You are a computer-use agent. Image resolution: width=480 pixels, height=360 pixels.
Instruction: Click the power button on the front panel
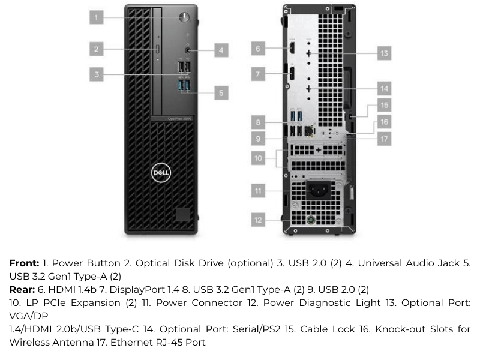click(184, 17)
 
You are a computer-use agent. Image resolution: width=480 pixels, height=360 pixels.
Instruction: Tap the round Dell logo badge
click(161, 173)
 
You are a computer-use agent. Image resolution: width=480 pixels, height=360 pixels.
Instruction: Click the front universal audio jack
click(188, 50)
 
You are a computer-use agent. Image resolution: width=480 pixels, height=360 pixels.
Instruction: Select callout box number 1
click(97, 17)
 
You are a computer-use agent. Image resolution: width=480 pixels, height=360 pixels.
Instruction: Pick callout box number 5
click(221, 93)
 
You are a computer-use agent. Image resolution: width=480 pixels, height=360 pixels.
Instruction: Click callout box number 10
click(258, 158)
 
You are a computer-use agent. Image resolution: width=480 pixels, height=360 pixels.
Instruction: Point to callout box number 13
click(384, 53)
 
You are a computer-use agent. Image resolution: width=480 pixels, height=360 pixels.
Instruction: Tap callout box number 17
click(384, 139)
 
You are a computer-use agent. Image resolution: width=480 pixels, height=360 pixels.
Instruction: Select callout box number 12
click(258, 220)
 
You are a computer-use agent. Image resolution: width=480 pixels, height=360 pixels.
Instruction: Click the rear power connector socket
click(319, 190)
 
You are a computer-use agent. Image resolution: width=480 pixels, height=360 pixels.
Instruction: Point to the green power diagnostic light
click(311, 220)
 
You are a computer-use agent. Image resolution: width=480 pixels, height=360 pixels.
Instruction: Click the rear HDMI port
click(292, 49)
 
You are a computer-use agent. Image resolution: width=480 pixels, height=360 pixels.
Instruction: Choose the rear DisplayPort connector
click(292, 74)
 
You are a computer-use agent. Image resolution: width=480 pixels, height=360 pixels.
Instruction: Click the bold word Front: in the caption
click(24, 263)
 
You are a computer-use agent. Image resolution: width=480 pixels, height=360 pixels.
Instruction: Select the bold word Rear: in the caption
click(22, 290)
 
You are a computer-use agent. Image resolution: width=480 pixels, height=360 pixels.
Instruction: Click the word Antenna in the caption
click(72, 342)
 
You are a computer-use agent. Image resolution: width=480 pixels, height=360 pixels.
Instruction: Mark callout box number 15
click(384, 106)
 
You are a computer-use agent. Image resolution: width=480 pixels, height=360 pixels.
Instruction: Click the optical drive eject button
click(158, 49)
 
